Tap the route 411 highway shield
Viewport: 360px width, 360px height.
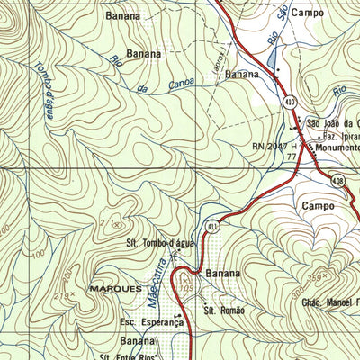[x=211, y=227]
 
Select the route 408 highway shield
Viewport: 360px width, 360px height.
[x=336, y=181]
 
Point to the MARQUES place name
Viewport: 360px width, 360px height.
[x=115, y=288]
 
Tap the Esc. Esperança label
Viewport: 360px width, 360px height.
[x=150, y=321]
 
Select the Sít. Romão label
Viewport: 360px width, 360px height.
[x=224, y=310]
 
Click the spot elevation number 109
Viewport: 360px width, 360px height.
[x=187, y=287]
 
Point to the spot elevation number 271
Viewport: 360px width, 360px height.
[x=110, y=222]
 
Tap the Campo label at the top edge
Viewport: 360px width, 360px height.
[x=307, y=13]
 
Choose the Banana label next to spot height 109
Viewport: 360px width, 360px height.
[x=223, y=273]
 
